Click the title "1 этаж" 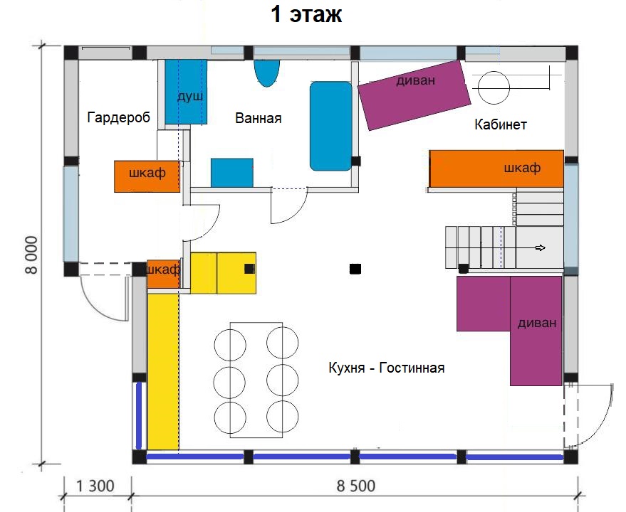pos(306,14)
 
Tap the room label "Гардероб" pos(118,117)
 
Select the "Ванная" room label pos(259,118)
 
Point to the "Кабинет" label pos(501,124)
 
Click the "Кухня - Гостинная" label pos(387,367)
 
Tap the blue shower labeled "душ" pos(186,92)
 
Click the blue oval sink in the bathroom pos(266,73)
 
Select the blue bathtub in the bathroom pos(331,126)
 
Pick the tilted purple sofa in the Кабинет pos(414,95)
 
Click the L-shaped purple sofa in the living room pos(535,331)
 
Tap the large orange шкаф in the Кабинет pos(496,169)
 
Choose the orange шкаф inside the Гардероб pos(147,176)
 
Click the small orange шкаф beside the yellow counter pos(164,274)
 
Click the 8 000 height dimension pos(31,255)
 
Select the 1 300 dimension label pos(95,486)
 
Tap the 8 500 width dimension pos(356,486)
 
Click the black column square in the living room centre pos(355,269)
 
